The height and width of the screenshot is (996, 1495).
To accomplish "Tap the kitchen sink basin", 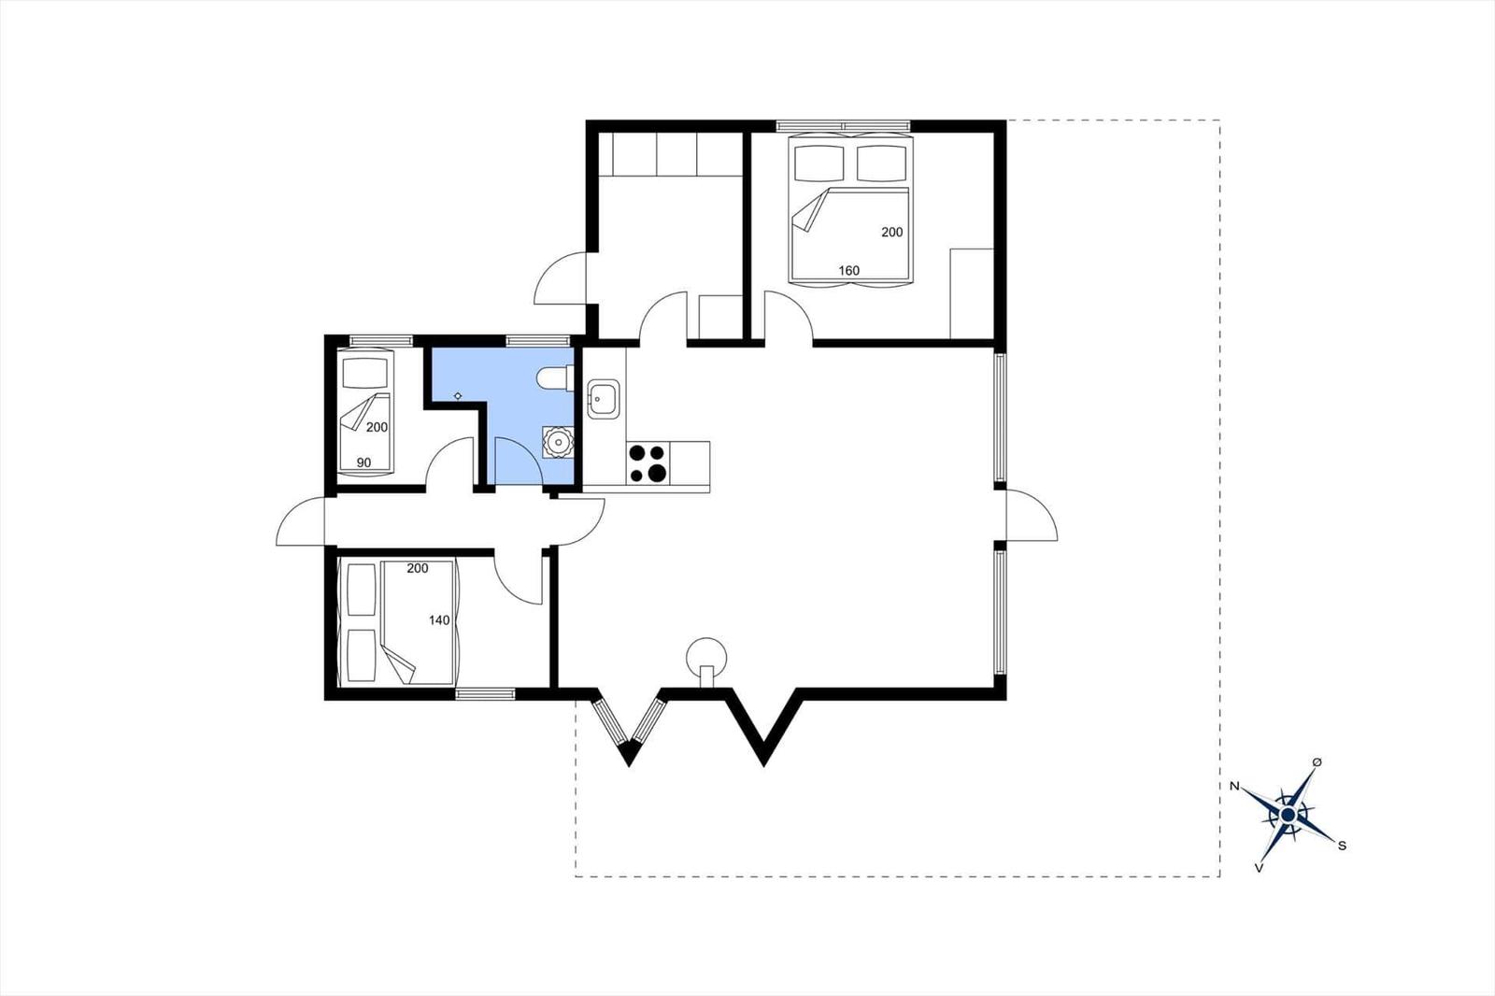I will [x=600, y=397].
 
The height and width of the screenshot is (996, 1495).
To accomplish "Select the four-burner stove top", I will [x=648, y=463].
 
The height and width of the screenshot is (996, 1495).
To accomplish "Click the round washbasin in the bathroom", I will [x=558, y=440].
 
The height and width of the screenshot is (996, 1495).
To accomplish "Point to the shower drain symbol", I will [x=458, y=396].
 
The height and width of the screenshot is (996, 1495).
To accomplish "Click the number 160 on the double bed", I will [x=848, y=271].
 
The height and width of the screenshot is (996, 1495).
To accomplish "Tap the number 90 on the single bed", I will [x=363, y=462].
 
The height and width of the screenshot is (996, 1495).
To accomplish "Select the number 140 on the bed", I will [x=439, y=619].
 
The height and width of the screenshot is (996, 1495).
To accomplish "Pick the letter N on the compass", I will [x=1234, y=786].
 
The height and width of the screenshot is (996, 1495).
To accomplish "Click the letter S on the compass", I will [x=1342, y=846].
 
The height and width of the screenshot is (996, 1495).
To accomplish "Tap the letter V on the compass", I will [x=1260, y=868].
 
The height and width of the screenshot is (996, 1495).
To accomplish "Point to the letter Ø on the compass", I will [x=1317, y=762].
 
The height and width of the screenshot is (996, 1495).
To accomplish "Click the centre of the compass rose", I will [x=1288, y=815].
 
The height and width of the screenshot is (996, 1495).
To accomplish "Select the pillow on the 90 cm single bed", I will [x=364, y=374].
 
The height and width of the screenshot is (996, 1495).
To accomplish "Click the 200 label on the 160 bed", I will [x=892, y=232].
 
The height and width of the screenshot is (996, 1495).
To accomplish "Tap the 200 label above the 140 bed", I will [x=418, y=568].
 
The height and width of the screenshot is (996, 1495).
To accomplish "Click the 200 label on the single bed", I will [x=377, y=427].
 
